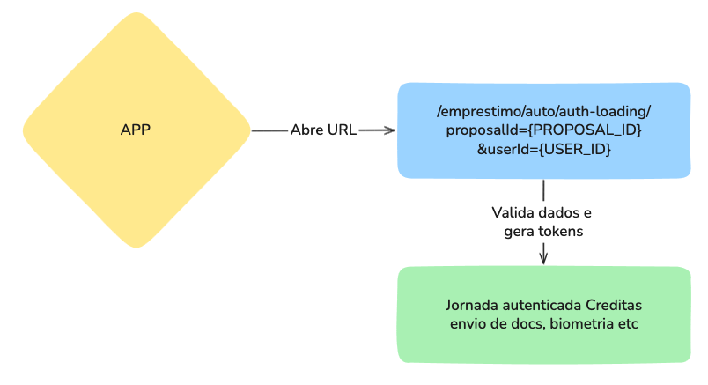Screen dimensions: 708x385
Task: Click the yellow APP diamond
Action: [136, 130]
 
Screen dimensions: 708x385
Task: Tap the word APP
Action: [135, 130]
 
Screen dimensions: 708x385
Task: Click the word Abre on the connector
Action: [306, 130]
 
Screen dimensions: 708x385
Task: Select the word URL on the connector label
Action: [342, 130]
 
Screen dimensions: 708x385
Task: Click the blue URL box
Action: [543, 130]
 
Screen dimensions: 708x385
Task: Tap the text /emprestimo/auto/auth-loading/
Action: [543, 111]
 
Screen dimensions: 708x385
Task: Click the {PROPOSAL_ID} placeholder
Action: [585, 130]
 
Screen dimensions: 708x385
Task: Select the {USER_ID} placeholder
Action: [574, 149]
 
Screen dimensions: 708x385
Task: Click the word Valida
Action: [510, 212]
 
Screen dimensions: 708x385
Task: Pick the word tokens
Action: [562, 232]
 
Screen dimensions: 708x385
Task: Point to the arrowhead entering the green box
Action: [543, 258]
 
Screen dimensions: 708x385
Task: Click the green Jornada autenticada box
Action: [543, 315]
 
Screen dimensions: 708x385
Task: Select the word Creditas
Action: [614, 305]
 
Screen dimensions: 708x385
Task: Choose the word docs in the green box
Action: [527, 324]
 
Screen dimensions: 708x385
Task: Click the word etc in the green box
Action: [629, 324]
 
